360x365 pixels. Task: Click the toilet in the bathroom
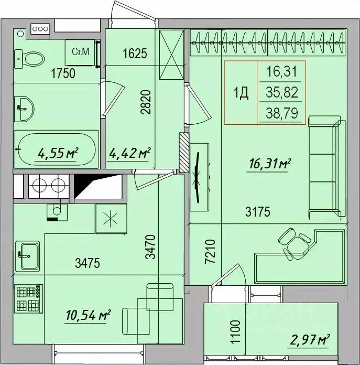pyautogui.click(x=29, y=59)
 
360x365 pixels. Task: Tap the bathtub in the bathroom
pyautogui.click(x=57, y=149)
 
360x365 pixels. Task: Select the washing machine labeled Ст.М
pyautogui.click(x=80, y=52)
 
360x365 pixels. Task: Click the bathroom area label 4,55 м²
pyautogui.click(x=58, y=154)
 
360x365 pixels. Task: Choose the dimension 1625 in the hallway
pyautogui.click(x=135, y=53)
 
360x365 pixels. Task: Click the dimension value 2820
pyautogui.click(x=146, y=102)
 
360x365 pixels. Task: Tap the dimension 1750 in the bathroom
pyautogui.click(x=63, y=73)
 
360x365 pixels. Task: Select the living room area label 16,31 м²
pyautogui.click(x=270, y=164)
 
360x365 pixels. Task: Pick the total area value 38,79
pyautogui.click(x=282, y=113)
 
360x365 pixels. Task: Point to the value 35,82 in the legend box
pyautogui.click(x=282, y=92)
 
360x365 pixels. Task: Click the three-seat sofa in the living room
pyautogui.click(x=327, y=168)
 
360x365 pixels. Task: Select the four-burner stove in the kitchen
pyautogui.click(x=29, y=298)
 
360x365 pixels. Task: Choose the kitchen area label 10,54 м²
pyautogui.click(x=88, y=315)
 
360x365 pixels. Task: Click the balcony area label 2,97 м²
pyautogui.click(x=310, y=340)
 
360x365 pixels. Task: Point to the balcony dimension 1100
pyautogui.click(x=235, y=332)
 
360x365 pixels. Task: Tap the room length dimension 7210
pyautogui.click(x=210, y=252)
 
